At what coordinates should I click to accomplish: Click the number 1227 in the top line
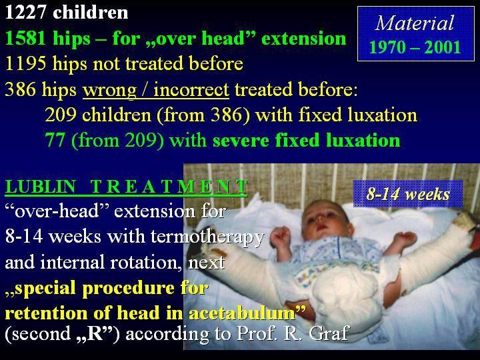26,13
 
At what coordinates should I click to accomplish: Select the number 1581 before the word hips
26,39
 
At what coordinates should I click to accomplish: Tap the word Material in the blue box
415,23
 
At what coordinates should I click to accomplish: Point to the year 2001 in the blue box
443,47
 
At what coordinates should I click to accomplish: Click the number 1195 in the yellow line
26,64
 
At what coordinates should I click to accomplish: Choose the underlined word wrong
109,90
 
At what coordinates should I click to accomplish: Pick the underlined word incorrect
191,90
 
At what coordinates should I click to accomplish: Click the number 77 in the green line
55,140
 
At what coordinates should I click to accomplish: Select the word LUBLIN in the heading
41,187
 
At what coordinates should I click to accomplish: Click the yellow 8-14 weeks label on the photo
408,194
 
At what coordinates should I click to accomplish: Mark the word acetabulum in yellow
242,313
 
